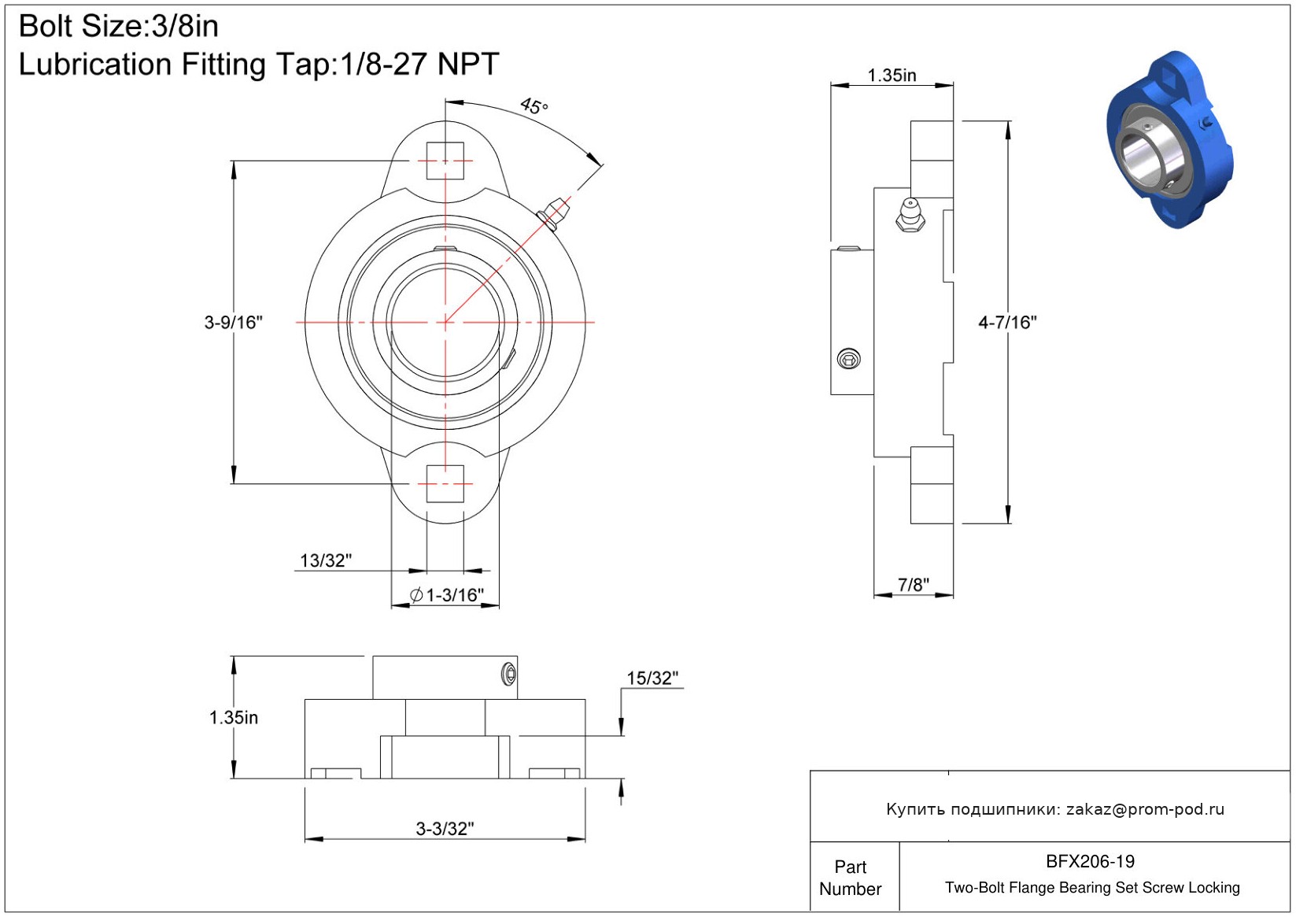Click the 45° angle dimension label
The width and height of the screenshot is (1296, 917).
coord(534,106)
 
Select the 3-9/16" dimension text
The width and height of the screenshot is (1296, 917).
coord(234,323)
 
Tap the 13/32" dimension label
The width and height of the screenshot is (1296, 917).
coord(326,560)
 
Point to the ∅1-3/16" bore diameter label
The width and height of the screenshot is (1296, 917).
coord(446,594)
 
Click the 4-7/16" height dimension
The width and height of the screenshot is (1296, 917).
coord(1007,323)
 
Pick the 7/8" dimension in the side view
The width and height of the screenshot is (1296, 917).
coord(914,585)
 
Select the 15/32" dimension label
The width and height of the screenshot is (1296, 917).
coord(652,678)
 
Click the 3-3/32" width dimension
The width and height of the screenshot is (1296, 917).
coord(445,828)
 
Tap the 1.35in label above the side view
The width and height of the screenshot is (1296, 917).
coord(892,76)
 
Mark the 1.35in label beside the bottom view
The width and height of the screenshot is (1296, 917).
coord(233,718)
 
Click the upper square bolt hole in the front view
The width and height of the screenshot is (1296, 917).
coord(445,161)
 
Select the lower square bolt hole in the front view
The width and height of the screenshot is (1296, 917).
coord(445,483)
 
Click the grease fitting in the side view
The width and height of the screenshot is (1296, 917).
coord(910,215)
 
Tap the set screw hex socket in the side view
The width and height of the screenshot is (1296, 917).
coord(849,359)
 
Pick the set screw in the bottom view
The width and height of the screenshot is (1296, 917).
coord(508,674)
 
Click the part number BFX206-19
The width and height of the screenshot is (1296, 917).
coord(1090,862)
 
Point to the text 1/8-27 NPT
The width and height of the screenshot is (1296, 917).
coord(419,64)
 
